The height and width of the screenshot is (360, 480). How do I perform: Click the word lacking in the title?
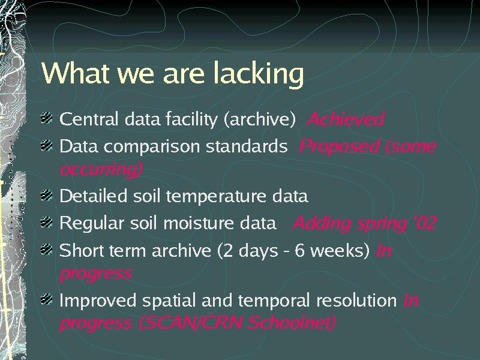(259, 74)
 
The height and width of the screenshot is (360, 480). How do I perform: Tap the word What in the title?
(76, 73)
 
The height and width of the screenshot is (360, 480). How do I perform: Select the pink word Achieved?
(346, 119)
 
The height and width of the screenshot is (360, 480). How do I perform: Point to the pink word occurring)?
(101, 169)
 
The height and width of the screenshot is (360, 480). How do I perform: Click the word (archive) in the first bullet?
(260, 119)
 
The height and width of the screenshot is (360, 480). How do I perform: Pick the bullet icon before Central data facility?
(47, 118)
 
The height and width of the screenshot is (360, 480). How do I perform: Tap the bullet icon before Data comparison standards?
(47, 145)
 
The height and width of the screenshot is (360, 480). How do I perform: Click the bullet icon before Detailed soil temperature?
(47, 195)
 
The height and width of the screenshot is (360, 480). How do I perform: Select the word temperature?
(217, 197)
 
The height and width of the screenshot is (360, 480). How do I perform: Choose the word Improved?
(98, 301)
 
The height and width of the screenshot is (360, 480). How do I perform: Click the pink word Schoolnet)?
(292, 323)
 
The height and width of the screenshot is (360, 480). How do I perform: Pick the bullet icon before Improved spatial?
(47, 299)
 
